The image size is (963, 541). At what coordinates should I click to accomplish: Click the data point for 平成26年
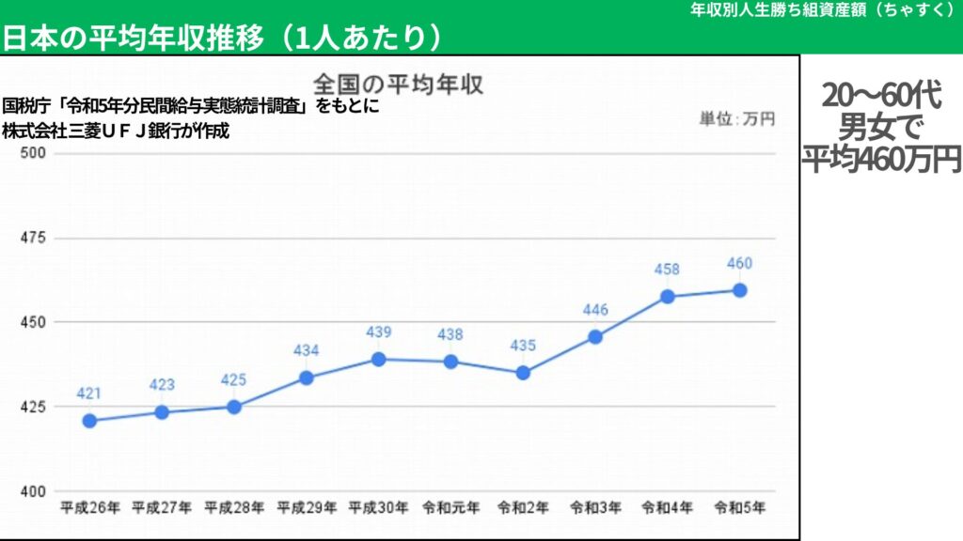tap(89, 421)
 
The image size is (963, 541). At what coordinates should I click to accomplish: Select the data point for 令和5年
tap(739, 290)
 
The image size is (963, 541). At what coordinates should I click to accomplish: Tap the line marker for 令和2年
tap(523, 373)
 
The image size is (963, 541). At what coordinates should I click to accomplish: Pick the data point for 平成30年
tap(378, 359)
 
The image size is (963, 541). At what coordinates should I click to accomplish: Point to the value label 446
tap(594, 310)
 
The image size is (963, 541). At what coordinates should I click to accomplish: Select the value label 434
tap(306, 351)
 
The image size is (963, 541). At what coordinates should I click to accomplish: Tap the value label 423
tap(162, 385)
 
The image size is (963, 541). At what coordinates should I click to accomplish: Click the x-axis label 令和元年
tap(450, 508)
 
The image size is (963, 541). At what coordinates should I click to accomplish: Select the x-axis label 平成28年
tap(234, 508)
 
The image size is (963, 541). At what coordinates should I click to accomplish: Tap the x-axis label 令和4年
tap(667, 508)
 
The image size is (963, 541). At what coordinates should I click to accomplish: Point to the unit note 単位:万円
tap(736, 119)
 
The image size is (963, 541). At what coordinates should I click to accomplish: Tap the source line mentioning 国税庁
tap(191, 106)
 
